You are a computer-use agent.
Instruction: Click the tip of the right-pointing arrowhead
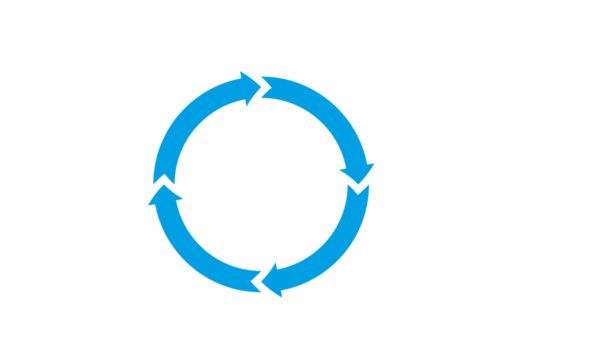pyautogui.click(x=264, y=87)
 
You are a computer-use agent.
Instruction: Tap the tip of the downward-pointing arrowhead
pyautogui.click(x=361, y=187)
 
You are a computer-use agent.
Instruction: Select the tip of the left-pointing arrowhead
pyautogui.click(x=257, y=283)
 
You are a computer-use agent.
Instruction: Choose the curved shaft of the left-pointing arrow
pyautogui.click(x=336, y=254)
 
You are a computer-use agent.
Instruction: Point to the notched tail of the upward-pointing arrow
pyautogui.click(x=250, y=281)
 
